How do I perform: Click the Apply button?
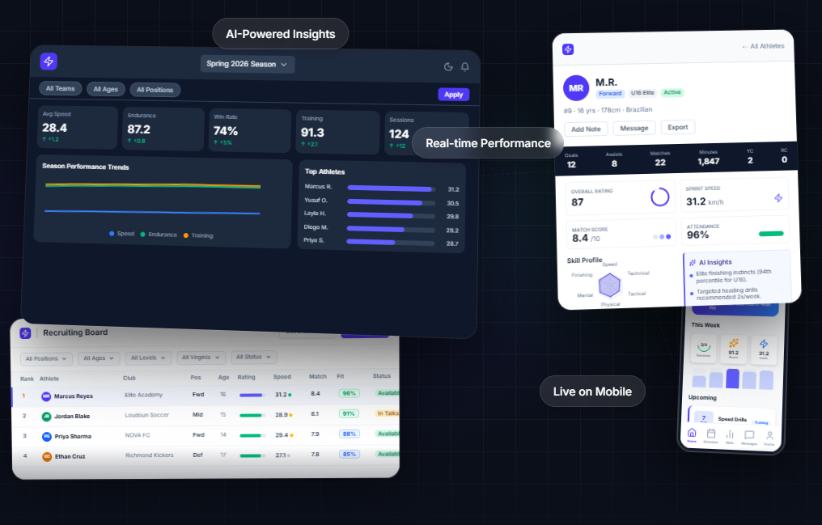(x=453, y=95)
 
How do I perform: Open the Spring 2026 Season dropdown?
(x=248, y=64)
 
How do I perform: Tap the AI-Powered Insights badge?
(x=280, y=34)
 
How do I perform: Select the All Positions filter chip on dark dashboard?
(x=155, y=90)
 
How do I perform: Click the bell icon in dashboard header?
(x=465, y=66)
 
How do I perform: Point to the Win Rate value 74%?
(x=226, y=131)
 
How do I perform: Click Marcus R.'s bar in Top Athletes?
(x=389, y=188)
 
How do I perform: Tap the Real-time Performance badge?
(x=488, y=143)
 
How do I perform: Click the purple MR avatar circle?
(x=576, y=87)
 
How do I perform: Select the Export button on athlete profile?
(x=677, y=128)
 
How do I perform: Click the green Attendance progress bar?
(x=770, y=234)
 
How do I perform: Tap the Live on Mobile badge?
(x=592, y=392)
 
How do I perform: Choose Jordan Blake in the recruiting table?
(x=71, y=416)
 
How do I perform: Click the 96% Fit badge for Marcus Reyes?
(x=349, y=394)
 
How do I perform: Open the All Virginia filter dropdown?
(x=200, y=358)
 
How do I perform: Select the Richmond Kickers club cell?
(x=150, y=455)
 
